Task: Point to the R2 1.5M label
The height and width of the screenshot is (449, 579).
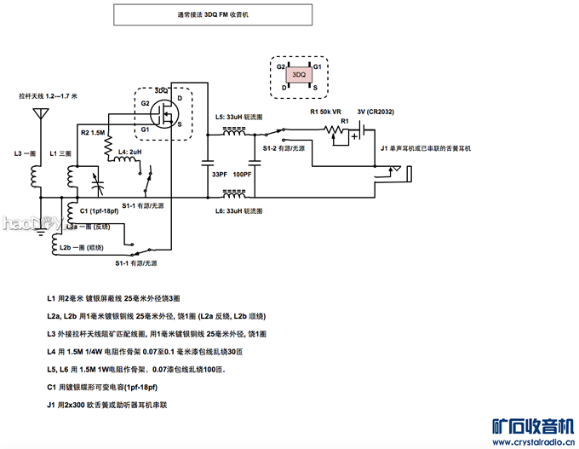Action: (x=93, y=133)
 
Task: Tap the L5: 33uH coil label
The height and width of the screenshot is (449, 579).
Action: (x=239, y=116)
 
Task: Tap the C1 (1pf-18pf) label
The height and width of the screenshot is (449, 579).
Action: (x=99, y=210)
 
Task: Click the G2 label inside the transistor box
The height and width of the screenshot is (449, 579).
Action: (x=146, y=104)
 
